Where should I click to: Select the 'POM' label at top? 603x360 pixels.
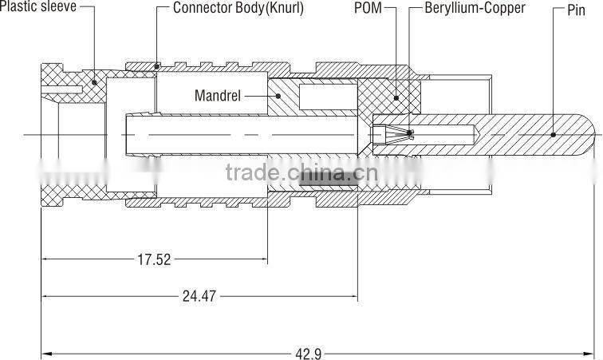coord(368,8)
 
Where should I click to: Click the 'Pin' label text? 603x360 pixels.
coord(576,10)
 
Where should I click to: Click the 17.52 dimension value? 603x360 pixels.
coord(154,259)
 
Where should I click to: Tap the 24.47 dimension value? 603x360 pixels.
coord(199,296)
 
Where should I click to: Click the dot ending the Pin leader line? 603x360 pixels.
coord(553,135)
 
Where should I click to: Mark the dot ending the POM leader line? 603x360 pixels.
coord(396,98)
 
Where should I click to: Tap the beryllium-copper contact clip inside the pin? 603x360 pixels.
coord(396,135)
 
